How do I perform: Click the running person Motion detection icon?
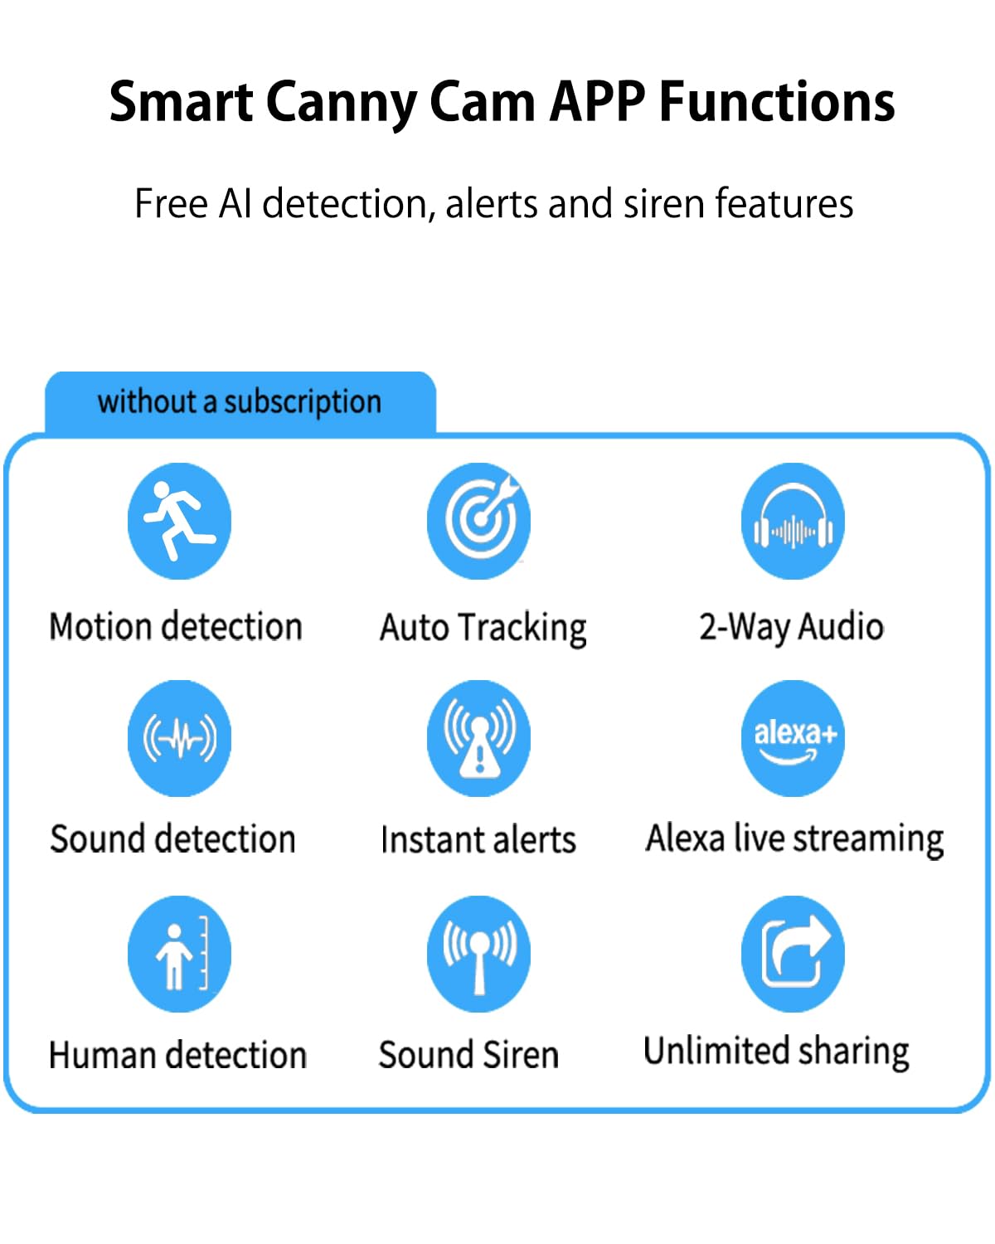179,521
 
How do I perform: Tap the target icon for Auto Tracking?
478,521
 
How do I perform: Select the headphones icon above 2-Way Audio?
793,521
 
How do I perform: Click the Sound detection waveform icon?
179,738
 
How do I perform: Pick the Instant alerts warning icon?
478,738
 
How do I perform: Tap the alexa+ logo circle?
793,738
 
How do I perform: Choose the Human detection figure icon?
179,954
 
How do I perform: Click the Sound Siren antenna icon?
478,954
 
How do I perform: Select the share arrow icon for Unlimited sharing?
793,954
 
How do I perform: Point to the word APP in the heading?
597,103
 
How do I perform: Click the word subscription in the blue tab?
303,402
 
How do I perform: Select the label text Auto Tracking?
483,628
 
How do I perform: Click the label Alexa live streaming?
794,838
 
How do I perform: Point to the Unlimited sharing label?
776,1052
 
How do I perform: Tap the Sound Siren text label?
468,1055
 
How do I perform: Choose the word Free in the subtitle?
171,204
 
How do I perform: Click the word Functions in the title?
777,103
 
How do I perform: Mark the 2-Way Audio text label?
791,627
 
